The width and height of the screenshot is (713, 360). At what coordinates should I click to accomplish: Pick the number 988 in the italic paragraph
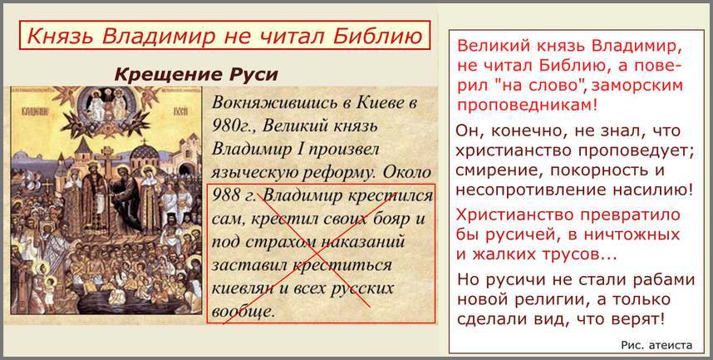click(226, 195)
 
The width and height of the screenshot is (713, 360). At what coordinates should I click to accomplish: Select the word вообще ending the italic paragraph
click(243, 312)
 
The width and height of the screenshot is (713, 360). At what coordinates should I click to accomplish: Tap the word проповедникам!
click(527, 105)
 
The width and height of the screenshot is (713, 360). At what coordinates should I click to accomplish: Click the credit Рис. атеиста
click(656, 345)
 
